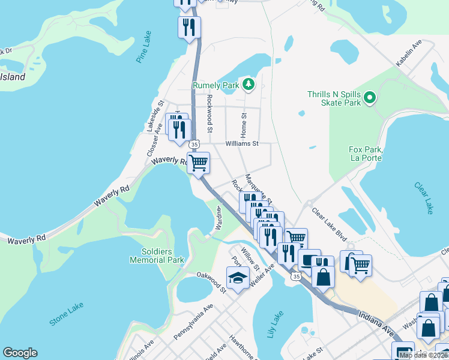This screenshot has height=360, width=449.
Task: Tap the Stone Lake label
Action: pos(67,314)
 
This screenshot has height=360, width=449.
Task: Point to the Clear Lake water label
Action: pos(423,196)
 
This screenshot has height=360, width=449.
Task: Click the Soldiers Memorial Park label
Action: pos(157,256)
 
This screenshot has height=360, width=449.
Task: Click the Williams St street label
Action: pos(241,144)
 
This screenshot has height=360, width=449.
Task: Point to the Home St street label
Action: pos(244,124)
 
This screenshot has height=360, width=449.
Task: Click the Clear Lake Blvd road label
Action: pos(330,221)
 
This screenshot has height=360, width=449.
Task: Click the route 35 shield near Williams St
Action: pos(193,145)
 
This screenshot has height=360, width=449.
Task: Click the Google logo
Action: pos(20,353)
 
